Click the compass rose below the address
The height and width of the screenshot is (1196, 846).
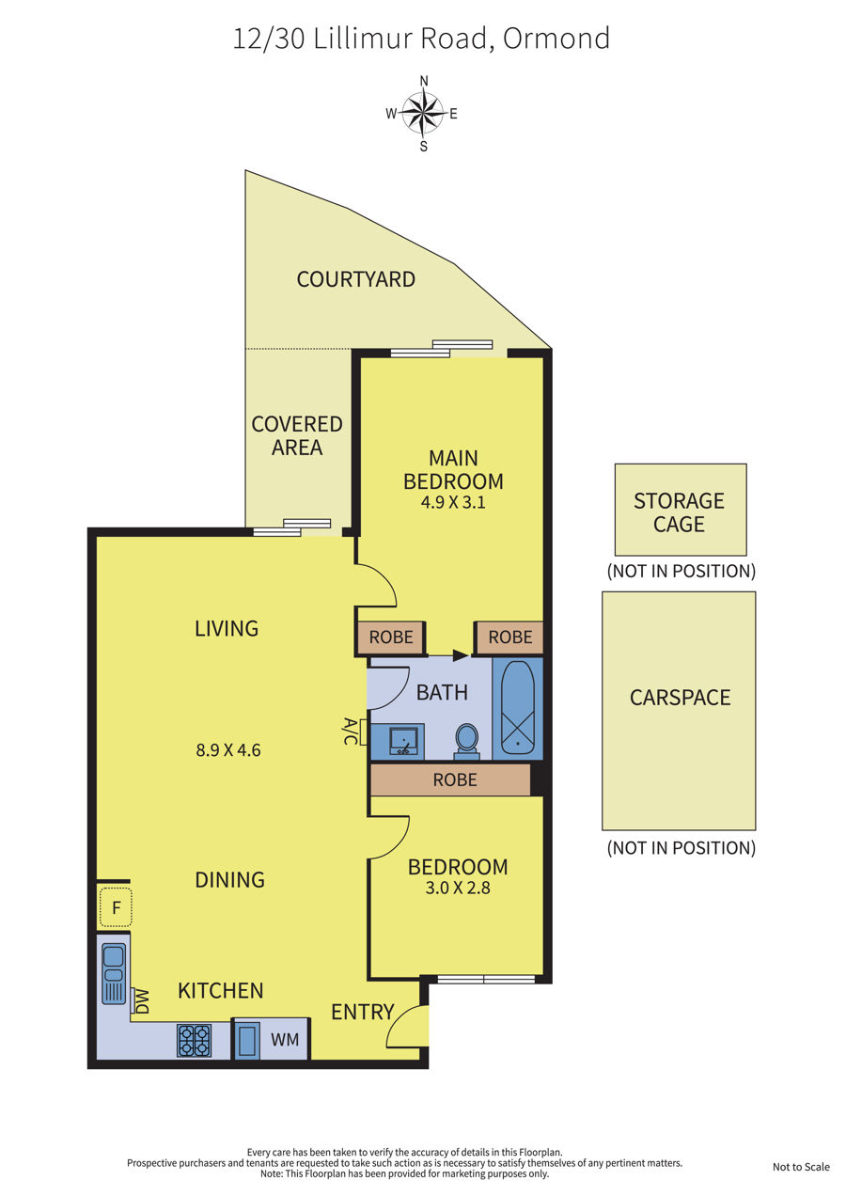[x=423, y=113]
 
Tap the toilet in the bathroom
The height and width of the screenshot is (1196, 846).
[x=466, y=741]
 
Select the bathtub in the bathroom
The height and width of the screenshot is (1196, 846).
[x=517, y=708]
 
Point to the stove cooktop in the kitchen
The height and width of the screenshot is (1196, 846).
[x=195, y=1040]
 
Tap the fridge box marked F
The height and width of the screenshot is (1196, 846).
[x=116, y=907]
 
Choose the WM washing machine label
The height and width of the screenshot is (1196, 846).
[x=285, y=1040]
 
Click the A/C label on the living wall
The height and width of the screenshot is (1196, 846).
[x=350, y=731]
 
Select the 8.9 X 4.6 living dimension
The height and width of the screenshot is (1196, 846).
[x=227, y=750]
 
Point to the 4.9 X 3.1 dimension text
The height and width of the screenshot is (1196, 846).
[x=453, y=502]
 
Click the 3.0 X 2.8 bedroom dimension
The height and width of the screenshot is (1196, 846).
[x=458, y=888]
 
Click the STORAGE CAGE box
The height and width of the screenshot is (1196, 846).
[x=681, y=510]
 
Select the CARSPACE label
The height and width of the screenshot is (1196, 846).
[x=680, y=698]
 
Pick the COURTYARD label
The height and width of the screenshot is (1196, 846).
[x=356, y=279]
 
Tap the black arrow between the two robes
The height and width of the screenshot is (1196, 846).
[x=460, y=655]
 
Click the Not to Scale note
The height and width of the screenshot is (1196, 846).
[x=801, y=1167]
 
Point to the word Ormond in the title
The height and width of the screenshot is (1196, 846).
[x=556, y=39]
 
